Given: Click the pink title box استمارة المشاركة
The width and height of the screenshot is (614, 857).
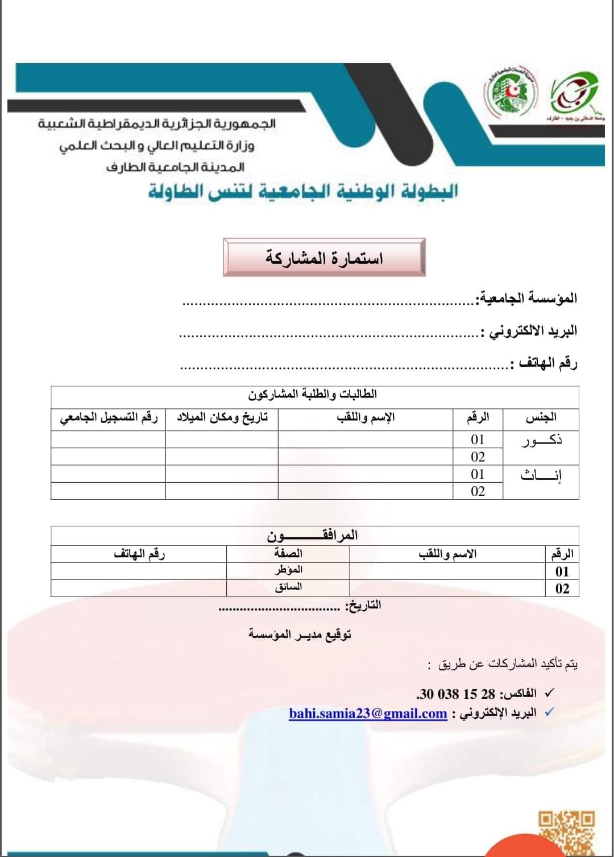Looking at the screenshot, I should pos(324,258).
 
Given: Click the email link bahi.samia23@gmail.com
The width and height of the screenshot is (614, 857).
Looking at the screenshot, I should pos(368,713).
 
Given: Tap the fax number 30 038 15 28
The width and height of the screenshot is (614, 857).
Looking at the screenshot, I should pos(457,694).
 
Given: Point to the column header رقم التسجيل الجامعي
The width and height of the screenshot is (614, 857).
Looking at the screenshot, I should pos(109,418).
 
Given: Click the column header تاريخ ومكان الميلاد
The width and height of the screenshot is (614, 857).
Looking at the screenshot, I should pos(222,418).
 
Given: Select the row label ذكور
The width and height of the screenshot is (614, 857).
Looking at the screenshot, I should pos(542,440).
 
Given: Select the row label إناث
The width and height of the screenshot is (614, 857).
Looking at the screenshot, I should pos(541,475).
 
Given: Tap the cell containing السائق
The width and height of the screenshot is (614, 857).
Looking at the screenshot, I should pos(288,587).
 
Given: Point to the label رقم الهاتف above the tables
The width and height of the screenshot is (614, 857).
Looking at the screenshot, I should pos(544,363).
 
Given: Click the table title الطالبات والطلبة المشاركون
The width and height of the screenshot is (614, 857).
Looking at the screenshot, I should pos(312,394).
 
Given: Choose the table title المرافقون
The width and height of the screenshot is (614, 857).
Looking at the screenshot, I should pos(312,535).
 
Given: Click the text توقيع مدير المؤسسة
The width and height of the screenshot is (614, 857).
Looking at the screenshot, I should pos(300,634).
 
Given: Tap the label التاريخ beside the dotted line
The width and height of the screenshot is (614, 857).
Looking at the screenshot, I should pos(363,605).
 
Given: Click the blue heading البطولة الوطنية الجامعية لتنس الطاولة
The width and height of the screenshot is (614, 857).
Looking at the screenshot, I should pos(303,191).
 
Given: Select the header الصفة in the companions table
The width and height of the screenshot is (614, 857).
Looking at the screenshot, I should pos(288,553).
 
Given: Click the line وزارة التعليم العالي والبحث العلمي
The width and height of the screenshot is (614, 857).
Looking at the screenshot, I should pos(157,146).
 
